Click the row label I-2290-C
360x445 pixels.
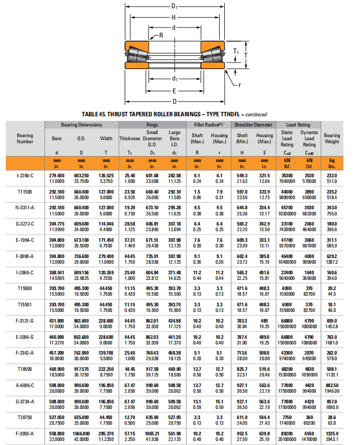[x=25, y=175]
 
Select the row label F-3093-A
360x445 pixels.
[x=25, y=433]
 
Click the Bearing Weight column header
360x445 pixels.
[x=332, y=138]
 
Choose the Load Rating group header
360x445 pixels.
[x=298, y=124]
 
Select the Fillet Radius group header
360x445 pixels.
[x=208, y=124]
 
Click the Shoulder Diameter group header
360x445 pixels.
[x=253, y=124]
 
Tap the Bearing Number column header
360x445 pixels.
[x=25, y=138]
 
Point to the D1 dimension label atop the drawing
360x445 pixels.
[x=174, y=6]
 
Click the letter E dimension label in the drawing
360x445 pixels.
[x=174, y=91]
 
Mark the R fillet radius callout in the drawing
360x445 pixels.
[x=161, y=35]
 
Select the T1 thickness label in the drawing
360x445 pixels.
[x=236, y=51]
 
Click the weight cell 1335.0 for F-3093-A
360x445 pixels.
[x=332, y=433]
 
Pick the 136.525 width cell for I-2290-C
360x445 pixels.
[x=106, y=175]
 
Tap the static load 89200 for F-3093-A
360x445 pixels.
[x=287, y=433]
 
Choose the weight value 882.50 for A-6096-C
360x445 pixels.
[x=332, y=386]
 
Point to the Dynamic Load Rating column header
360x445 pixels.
[x=309, y=138]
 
